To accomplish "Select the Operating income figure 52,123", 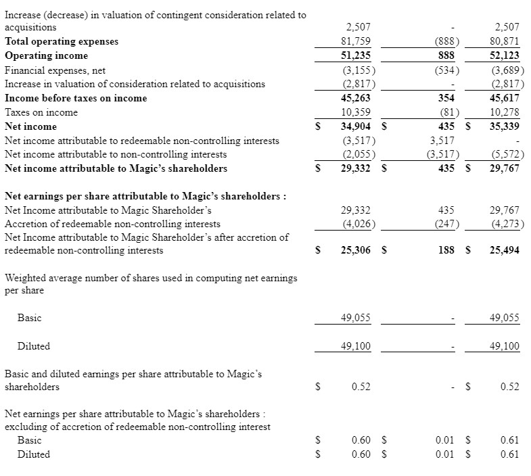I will (504, 55).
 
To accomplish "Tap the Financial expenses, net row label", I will (55, 70).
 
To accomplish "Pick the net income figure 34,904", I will (356, 126).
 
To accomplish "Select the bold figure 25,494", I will (504, 250).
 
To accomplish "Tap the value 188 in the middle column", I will (446, 250).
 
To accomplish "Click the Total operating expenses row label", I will (62, 41).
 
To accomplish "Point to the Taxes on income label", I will (41, 112).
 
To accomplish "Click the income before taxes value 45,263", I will (356, 98).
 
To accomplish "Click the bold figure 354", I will (446, 98).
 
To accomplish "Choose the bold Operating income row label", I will (46, 55).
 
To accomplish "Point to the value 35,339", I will (504, 126).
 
